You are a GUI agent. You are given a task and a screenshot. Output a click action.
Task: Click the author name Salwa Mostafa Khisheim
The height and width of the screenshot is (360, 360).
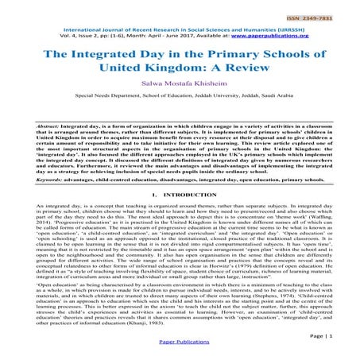180,92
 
